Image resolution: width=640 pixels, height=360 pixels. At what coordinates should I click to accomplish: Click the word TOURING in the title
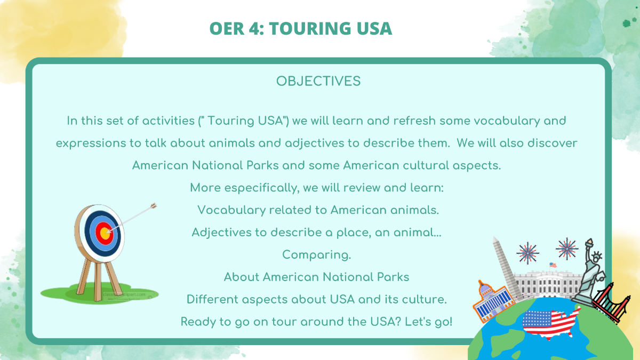tap(309, 29)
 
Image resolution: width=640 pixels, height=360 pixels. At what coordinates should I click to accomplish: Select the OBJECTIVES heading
tap(318, 81)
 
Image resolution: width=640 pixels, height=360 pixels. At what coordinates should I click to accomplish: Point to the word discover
tap(553, 143)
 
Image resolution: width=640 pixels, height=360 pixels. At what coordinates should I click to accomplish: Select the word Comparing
tap(317, 255)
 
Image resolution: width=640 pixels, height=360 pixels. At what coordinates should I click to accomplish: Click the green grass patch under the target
tap(99, 293)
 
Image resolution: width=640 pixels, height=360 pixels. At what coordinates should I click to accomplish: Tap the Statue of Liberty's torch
tap(589, 243)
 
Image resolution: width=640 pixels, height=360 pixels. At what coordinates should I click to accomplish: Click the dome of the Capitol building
tap(485, 289)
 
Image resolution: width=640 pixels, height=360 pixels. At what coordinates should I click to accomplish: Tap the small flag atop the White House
tap(553, 265)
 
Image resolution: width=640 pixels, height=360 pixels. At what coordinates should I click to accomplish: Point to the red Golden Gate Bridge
tap(611, 303)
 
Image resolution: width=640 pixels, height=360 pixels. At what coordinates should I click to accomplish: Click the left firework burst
tap(527, 253)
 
